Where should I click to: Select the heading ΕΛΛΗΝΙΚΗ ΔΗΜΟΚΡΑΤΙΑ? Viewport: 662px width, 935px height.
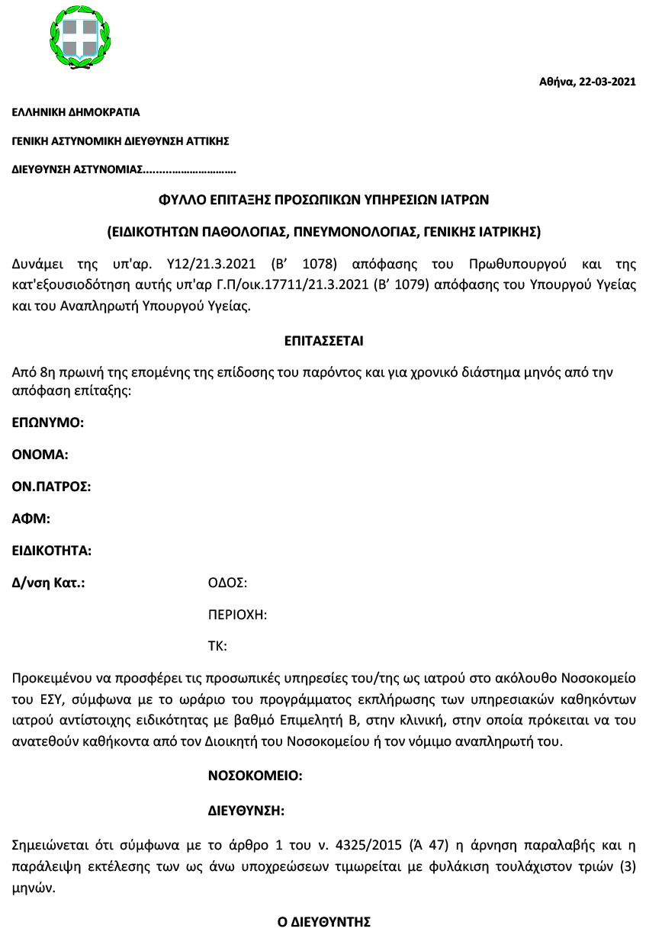click(76, 112)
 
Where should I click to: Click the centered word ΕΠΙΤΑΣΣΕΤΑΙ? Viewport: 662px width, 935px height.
click(323, 341)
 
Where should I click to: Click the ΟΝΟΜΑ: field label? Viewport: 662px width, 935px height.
click(40, 455)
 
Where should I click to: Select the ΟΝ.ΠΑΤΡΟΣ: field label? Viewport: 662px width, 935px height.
click(52, 487)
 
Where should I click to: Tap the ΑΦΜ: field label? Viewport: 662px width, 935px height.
click(31, 519)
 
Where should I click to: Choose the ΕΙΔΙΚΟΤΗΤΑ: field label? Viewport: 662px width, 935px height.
click(52, 551)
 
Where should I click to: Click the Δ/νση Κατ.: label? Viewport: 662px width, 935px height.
click(48, 583)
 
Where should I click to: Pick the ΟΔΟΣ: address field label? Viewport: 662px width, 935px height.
click(227, 583)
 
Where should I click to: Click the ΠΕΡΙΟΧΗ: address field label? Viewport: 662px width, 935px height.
click(237, 615)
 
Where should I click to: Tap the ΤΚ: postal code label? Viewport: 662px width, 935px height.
click(217, 646)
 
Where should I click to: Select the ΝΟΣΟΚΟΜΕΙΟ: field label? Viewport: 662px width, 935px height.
click(255, 776)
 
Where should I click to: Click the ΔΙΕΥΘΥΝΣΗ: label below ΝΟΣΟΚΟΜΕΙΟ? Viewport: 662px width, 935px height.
click(246, 809)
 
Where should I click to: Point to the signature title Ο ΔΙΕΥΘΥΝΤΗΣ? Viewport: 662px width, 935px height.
click(323, 922)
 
